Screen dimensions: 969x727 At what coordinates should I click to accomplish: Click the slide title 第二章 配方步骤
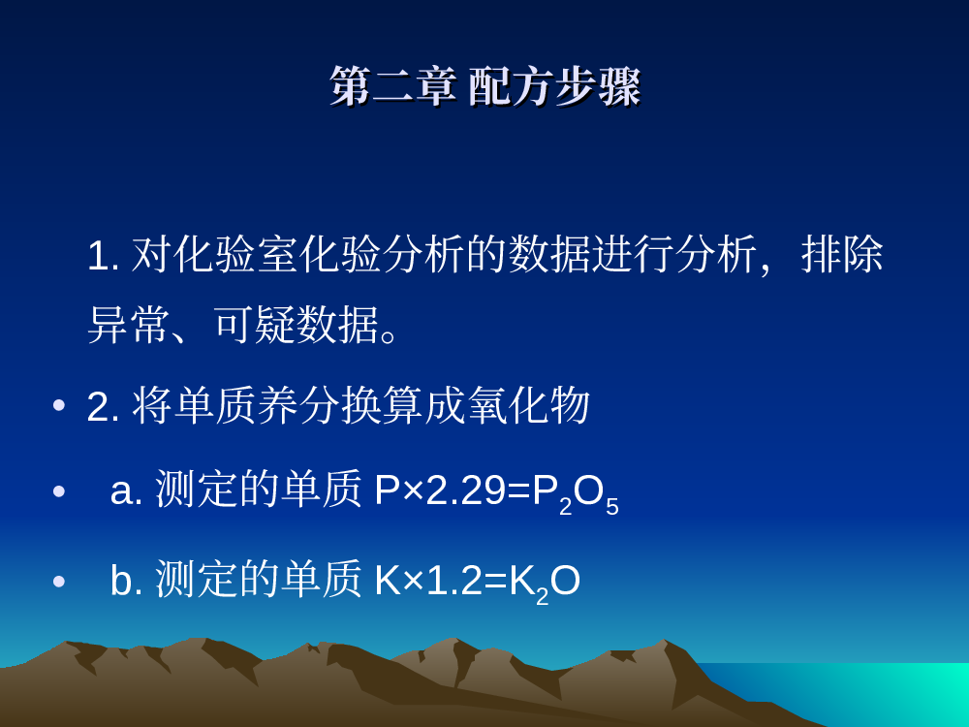[x=485, y=86]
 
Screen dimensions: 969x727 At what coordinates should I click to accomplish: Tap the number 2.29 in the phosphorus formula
[x=465, y=490]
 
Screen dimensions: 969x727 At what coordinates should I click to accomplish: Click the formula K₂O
[x=545, y=583]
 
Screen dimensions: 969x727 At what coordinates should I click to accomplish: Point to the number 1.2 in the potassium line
[x=453, y=581]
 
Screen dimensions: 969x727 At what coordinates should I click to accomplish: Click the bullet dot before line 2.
[x=59, y=405]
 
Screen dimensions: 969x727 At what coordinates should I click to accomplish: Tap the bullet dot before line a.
[x=59, y=491]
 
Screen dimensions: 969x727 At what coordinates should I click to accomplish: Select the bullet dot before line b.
[x=59, y=581]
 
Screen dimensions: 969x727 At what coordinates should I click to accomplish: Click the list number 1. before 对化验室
[x=104, y=255]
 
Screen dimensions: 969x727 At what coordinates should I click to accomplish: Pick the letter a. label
[x=126, y=490]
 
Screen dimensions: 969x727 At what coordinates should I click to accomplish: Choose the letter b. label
[x=126, y=580]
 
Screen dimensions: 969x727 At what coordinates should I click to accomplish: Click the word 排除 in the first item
[x=842, y=254]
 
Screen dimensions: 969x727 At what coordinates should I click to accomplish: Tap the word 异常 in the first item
[x=129, y=325]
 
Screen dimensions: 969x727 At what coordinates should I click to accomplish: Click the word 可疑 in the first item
[x=255, y=325]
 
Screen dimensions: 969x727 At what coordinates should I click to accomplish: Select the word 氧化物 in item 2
[x=528, y=405]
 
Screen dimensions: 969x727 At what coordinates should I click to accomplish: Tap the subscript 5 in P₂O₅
[x=611, y=506]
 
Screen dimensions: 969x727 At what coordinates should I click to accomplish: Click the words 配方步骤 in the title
[x=554, y=86]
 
